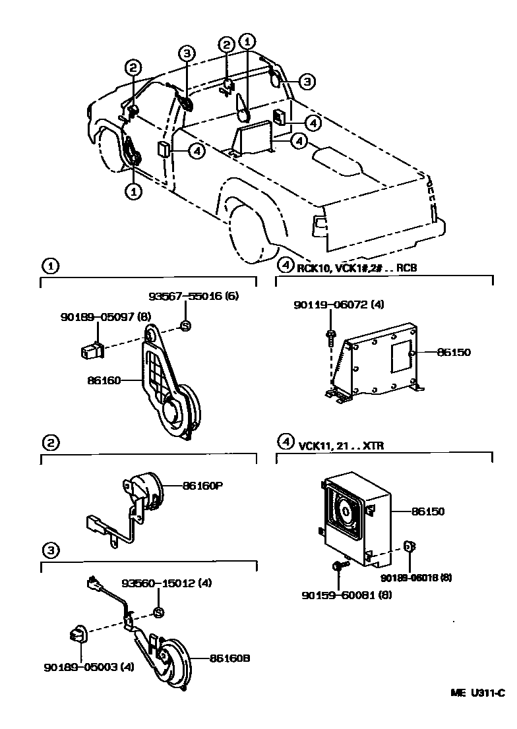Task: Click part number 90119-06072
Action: point(338,305)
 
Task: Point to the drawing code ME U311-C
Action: point(477,693)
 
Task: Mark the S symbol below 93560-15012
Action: point(158,613)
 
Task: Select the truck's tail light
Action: point(320,223)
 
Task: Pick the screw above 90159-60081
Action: point(338,565)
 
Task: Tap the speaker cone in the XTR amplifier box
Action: point(346,511)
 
